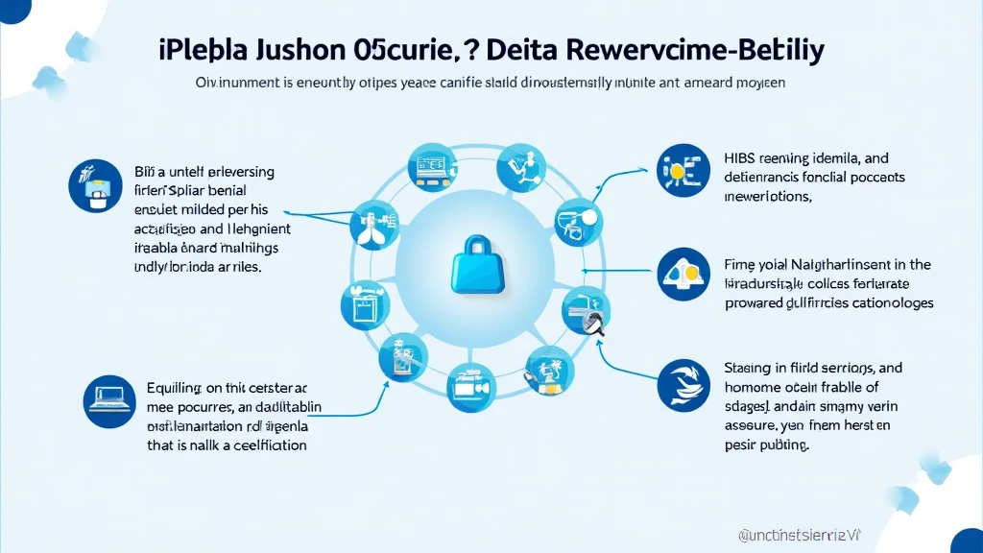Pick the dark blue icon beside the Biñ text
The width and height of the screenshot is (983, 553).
click(x=93, y=184)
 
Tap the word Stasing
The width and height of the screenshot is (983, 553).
click(x=750, y=368)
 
